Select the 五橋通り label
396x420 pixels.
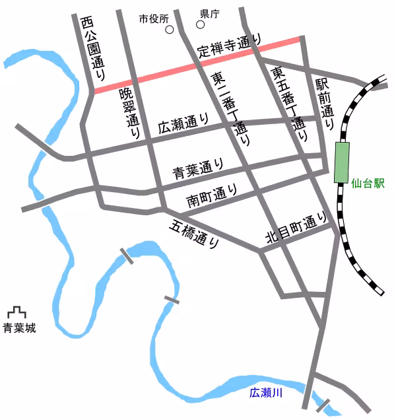[195, 234]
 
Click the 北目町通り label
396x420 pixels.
[296, 228]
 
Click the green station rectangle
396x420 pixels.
[342, 162]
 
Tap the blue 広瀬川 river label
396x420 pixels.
[265, 393]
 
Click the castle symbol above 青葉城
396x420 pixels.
[16, 312]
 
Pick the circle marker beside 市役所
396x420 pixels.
[170, 30]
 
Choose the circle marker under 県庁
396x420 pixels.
[201, 25]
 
